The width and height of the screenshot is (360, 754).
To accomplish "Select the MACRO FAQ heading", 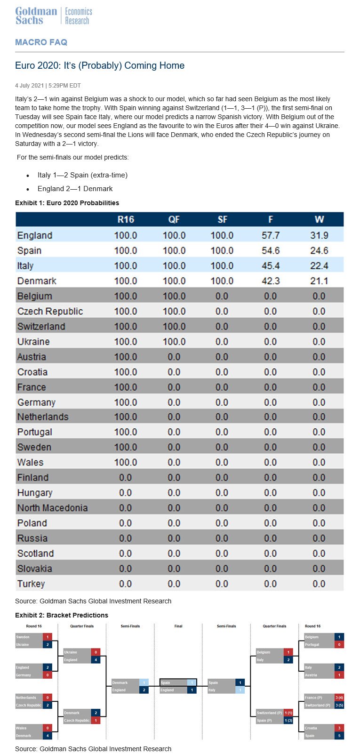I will [x=41, y=42].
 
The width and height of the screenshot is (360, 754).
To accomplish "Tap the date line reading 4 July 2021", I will [x=48, y=86].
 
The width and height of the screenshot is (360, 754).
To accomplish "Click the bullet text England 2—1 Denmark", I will [x=75, y=189].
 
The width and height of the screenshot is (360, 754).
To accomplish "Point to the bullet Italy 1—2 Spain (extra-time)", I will [x=82, y=175].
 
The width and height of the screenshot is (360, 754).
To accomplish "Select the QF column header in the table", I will [x=174, y=219].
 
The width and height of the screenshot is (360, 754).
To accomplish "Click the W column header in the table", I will [x=319, y=219].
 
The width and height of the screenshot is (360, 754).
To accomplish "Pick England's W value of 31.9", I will [x=319, y=235].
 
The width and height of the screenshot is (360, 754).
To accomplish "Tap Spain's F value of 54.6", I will [x=270, y=250].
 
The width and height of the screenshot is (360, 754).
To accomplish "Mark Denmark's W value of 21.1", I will [x=319, y=281].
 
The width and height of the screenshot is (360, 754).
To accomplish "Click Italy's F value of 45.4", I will [x=270, y=266].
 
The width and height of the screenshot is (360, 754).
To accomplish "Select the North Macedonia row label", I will [x=52, y=508].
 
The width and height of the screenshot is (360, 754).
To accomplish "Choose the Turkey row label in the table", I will [x=31, y=584].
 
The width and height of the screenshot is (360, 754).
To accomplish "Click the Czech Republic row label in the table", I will [x=50, y=312].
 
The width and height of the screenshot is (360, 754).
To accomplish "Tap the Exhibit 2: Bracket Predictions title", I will [x=62, y=615].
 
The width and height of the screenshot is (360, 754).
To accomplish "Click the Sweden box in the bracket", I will [x=29, y=637].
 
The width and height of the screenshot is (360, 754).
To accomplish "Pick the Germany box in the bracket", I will [x=29, y=675].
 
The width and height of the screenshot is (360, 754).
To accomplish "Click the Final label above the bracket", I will [x=178, y=626].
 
